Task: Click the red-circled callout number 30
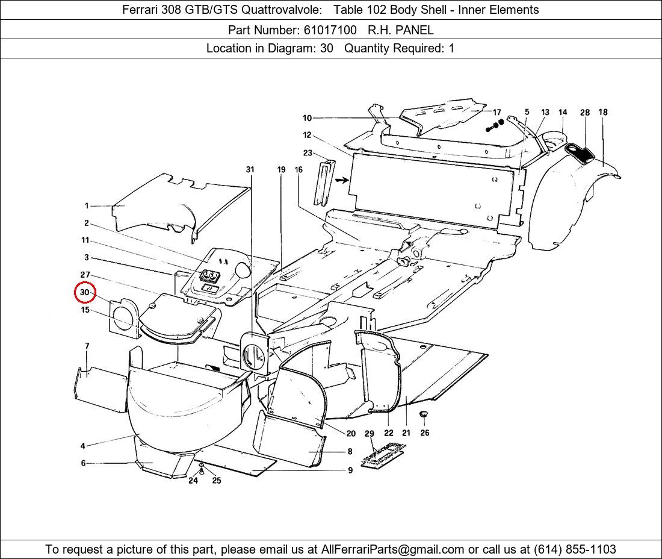coord(85,293)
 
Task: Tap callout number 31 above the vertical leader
coord(250,170)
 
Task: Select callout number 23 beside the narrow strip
coord(308,153)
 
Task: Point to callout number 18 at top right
coord(602,112)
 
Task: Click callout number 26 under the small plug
coord(425,433)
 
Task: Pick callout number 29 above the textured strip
coord(370,434)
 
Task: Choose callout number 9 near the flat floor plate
coord(350,470)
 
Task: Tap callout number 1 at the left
coord(87,206)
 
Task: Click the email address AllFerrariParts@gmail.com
coord(393,549)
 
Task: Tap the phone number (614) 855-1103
coord(574,549)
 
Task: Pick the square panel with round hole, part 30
coord(123,316)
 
